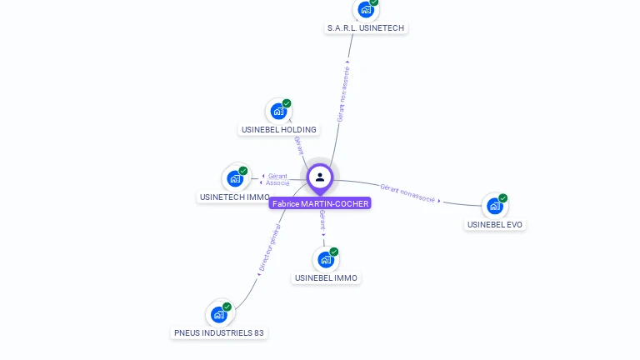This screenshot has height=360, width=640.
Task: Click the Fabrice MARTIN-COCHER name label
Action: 320,203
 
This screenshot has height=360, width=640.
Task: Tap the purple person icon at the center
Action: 320,177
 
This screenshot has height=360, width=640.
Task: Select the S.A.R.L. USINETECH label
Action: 366,27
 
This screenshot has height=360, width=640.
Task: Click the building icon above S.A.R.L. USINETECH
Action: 365,9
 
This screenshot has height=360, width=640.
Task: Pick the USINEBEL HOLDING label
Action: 278,129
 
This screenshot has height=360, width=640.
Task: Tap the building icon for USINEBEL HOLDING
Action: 278,111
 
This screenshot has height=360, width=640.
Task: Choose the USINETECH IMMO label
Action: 234,197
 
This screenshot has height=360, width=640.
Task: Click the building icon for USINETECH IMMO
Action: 235,178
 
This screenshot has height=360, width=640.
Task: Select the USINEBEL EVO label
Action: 496,224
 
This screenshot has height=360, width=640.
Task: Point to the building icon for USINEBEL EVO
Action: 495,206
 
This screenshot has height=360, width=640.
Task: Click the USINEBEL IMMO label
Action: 326,277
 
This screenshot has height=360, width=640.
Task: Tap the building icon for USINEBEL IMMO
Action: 326,259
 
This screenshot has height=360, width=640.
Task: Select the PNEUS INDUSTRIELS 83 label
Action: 219,332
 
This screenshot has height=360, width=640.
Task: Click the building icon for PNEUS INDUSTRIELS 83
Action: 218,314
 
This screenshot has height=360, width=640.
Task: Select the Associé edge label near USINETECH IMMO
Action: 277,182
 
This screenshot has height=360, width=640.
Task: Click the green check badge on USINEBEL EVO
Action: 502,198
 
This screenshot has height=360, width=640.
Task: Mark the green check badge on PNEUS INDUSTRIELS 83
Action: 227,307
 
